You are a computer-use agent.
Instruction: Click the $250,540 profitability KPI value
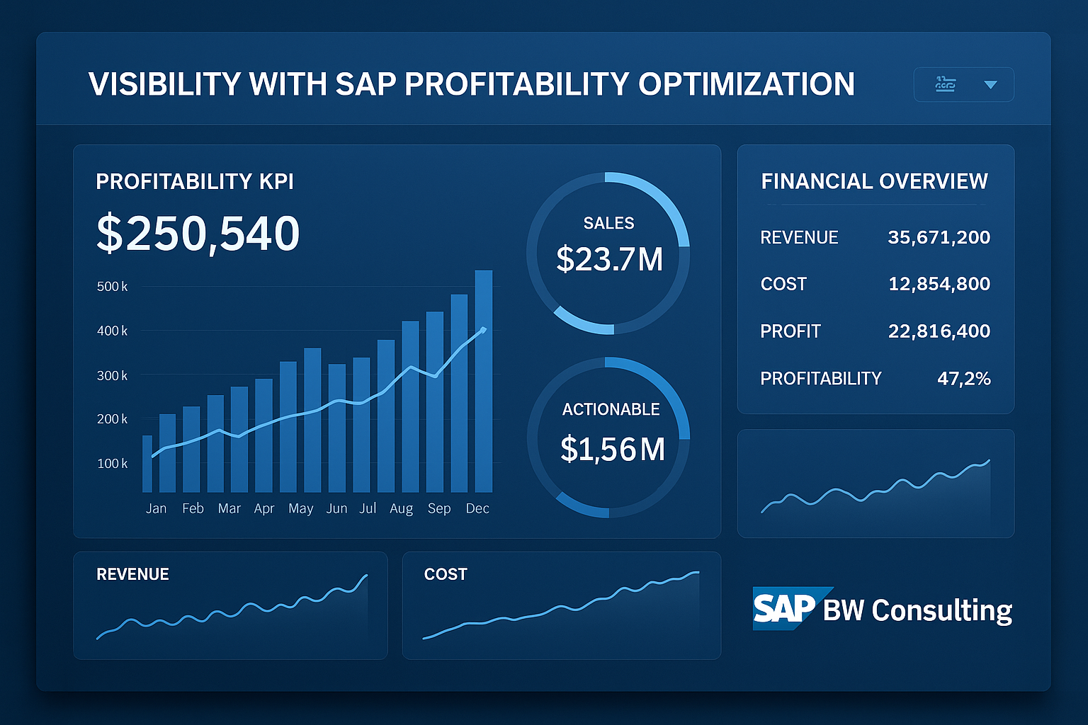(198, 234)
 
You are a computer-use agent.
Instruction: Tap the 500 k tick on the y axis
(112, 287)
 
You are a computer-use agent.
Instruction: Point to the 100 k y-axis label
(112, 464)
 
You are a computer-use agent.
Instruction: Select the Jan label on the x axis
(156, 508)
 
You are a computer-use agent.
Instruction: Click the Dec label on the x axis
(477, 508)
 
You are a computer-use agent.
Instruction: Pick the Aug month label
(401, 508)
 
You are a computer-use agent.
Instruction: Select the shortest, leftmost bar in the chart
(147, 464)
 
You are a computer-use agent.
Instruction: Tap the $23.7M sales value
(609, 259)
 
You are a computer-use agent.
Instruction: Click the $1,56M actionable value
(612, 450)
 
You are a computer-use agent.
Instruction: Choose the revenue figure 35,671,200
(939, 237)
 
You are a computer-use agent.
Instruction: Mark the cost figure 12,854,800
(939, 284)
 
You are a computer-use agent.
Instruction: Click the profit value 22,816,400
(939, 331)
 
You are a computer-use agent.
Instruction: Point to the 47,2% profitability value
(963, 379)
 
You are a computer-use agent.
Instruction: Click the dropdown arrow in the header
(990, 85)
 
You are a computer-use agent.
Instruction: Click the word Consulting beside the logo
(941, 610)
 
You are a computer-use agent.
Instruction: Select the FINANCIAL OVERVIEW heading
(874, 181)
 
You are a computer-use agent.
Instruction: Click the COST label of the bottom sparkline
(446, 574)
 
